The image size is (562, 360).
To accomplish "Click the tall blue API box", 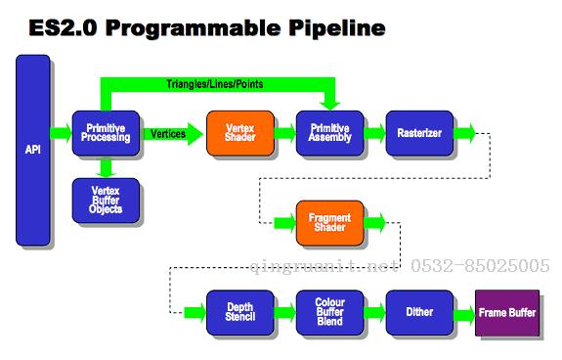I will (32, 150).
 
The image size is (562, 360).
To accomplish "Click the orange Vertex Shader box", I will (239, 133).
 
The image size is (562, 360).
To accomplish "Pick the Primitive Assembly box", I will (329, 133).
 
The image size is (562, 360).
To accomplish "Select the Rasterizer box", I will (418, 133).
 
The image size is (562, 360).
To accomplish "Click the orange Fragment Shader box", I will (329, 223).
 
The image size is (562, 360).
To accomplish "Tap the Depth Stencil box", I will (239, 313).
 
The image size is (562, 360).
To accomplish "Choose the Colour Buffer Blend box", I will (329, 313).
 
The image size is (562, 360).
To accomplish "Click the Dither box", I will (418, 313).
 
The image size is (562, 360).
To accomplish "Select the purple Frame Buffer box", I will (507, 313).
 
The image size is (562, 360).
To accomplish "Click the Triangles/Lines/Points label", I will (214, 85).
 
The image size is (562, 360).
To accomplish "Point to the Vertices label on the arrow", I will (168, 133).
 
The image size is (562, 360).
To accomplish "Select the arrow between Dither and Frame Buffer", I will (464, 313).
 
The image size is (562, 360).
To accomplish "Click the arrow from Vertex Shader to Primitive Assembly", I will (284, 133).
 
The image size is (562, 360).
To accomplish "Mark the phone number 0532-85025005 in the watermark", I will (493, 265).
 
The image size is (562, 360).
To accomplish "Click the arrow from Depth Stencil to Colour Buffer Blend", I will (284, 313).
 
